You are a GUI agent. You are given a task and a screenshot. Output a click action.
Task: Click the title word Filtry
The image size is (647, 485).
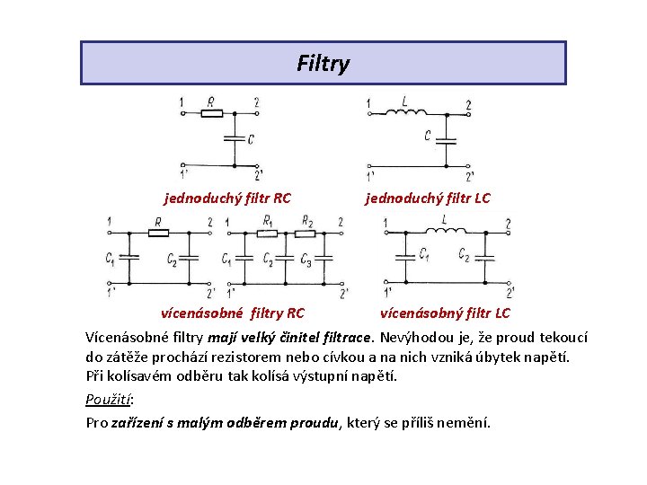[x=323, y=64]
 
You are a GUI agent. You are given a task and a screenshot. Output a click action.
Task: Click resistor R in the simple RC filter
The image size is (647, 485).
[x=212, y=112]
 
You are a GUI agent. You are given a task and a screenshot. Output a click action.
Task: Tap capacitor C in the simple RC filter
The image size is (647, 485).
[x=234, y=138]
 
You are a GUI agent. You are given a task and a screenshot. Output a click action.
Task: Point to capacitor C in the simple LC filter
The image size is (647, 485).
[x=448, y=139]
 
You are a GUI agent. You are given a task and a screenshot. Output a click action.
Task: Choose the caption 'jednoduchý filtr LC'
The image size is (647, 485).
[x=427, y=198]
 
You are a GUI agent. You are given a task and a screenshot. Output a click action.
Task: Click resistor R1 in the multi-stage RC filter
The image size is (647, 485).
[x=267, y=233]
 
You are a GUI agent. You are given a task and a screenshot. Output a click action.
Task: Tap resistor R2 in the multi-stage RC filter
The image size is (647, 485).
[x=307, y=233]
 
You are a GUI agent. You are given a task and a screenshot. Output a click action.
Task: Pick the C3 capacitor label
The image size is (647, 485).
[x=306, y=261]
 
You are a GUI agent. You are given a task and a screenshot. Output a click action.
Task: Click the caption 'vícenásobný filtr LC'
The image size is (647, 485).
[x=445, y=313]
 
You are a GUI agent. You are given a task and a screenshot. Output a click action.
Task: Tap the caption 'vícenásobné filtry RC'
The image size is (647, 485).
[x=232, y=313]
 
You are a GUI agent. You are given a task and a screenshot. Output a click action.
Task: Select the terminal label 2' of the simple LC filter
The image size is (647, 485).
[x=470, y=176]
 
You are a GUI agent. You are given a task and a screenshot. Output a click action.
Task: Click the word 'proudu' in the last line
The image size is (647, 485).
[x=314, y=423]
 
